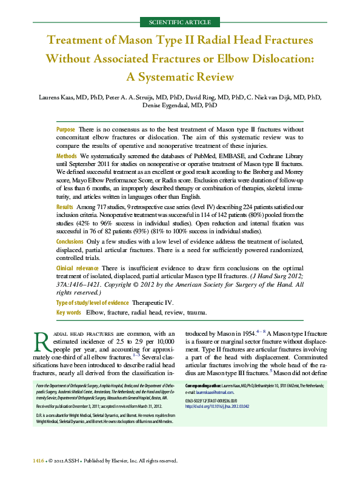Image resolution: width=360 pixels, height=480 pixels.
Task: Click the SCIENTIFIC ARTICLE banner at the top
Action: coord(179,22)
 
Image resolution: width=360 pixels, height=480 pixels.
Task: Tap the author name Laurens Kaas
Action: coord(58,97)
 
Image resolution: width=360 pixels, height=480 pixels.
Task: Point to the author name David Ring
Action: coord(198,97)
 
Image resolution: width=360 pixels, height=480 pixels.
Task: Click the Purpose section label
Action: coord(65,130)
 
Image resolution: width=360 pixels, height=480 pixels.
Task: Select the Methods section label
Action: coord(67,156)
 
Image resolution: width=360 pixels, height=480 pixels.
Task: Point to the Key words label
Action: coord(68,313)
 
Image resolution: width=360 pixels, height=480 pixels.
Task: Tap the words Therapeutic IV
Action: coord(155,302)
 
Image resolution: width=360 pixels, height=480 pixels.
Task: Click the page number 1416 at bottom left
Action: coord(38,461)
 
